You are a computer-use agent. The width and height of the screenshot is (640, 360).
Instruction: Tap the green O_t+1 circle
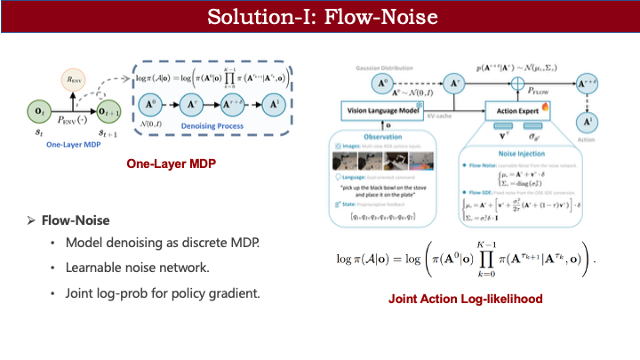tap(111, 111)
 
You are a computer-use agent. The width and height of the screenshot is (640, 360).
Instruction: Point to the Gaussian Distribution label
tap(360, 68)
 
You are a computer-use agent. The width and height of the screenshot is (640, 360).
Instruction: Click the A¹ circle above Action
tap(589, 117)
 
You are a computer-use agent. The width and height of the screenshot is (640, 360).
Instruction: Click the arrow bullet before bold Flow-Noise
tap(31, 219)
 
